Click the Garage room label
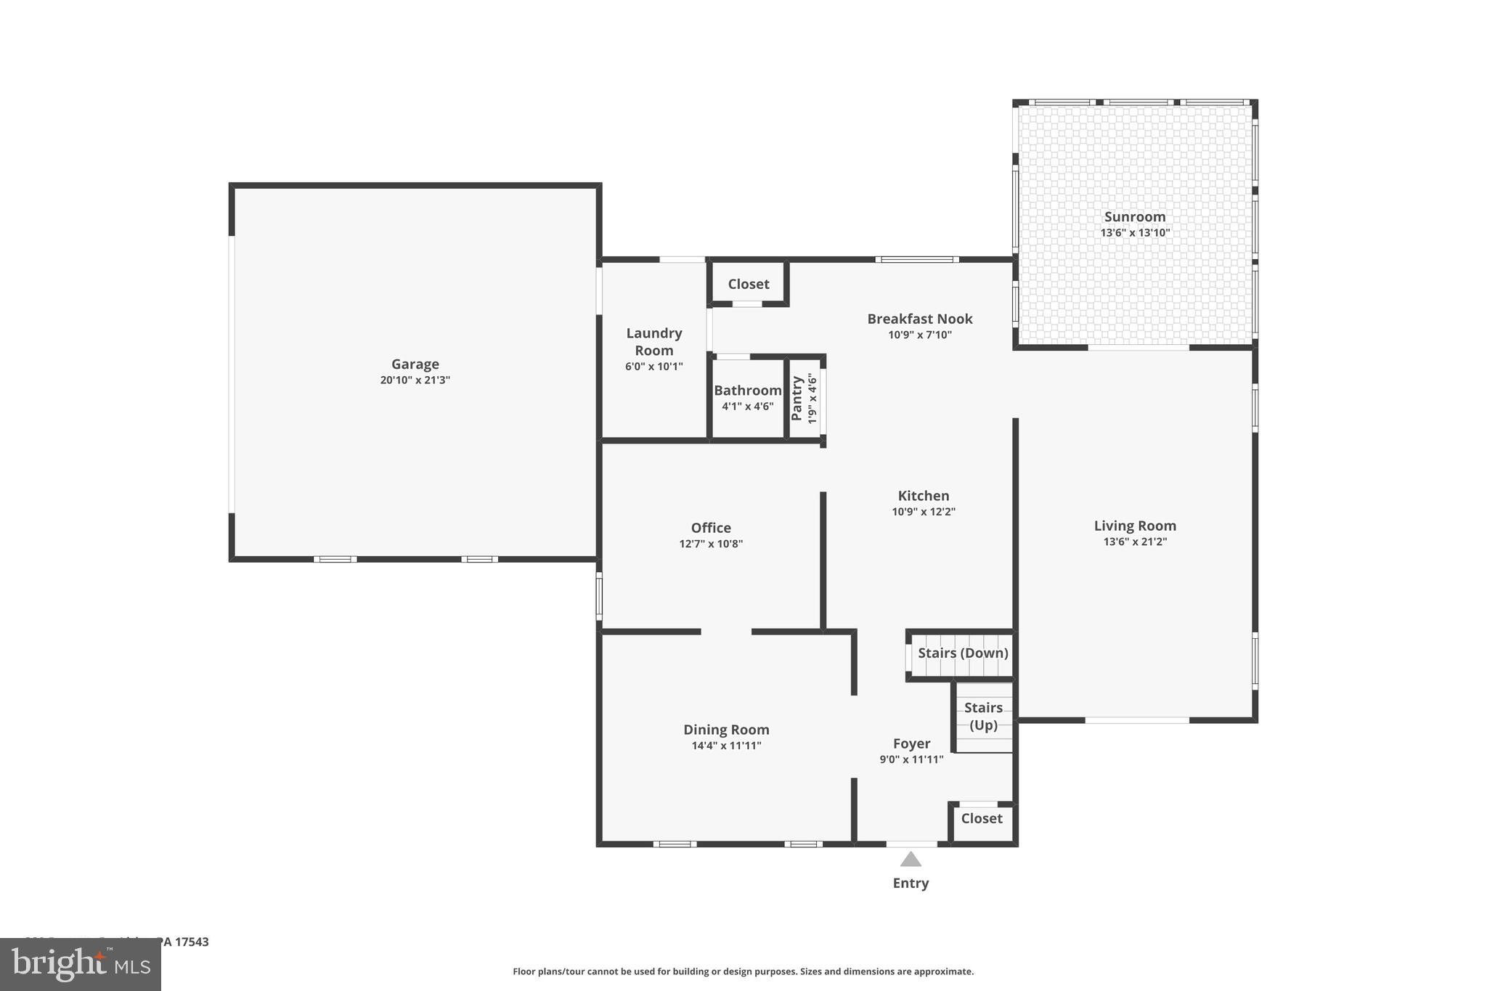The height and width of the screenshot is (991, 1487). [415, 364]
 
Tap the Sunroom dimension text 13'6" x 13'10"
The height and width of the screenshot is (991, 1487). [1135, 233]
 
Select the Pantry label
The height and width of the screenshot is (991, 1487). [797, 398]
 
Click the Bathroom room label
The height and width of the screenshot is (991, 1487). [747, 390]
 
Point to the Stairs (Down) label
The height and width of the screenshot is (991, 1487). [963, 653]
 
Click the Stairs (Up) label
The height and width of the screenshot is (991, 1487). [983, 716]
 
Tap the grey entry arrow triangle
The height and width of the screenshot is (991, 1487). [910, 860]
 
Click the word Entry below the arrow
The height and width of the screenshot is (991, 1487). [910, 883]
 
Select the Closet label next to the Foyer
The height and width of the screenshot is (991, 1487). [982, 818]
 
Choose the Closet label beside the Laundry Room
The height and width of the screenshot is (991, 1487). [749, 284]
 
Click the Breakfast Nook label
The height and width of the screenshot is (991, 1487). [919, 319]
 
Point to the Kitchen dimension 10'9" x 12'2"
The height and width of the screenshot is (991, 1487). [924, 512]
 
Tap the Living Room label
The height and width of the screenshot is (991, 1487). [1135, 526]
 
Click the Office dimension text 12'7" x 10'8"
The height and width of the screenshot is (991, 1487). [711, 544]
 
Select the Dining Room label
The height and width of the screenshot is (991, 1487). [726, 730]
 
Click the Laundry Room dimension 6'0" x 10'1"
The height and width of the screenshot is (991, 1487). [653, 367]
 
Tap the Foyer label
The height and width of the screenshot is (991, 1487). [911, 743]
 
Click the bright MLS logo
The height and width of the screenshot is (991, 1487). [81, 964]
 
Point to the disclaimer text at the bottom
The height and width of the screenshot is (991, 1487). [743, 971]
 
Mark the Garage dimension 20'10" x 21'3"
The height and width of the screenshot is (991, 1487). [415, 380]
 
